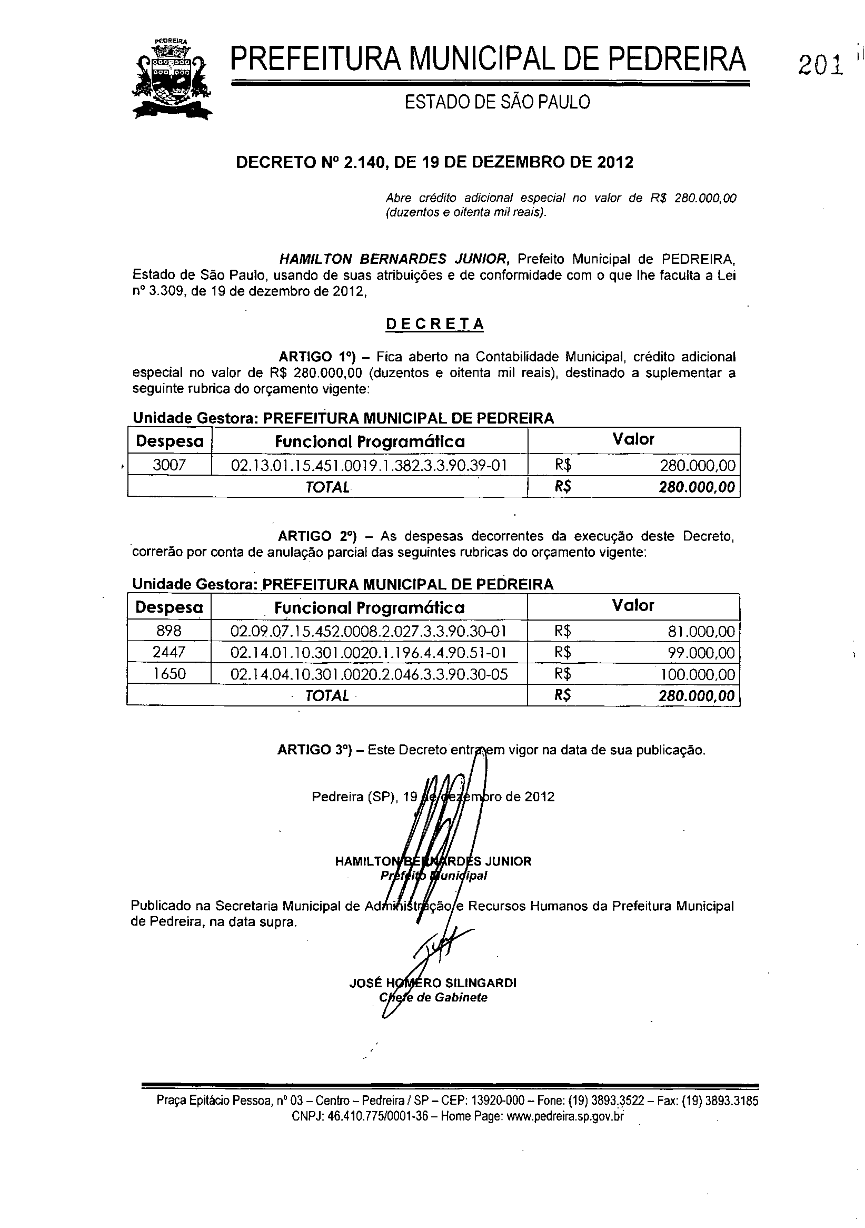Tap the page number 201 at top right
(821, 66)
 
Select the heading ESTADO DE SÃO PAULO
(497, 102)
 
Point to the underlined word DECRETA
(435, 325)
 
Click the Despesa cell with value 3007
(169, 465)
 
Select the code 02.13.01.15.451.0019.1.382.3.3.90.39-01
(369, 465)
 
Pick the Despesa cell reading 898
(169, 631)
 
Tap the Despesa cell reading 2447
(169, 653)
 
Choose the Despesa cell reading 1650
(169, 674)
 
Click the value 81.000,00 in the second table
(701, 632)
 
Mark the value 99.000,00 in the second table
(701, 653)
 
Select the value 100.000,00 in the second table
(698, 674)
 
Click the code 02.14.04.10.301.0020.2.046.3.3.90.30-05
(369, 674)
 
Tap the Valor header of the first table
(633, 440)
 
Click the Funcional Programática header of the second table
(370, 608)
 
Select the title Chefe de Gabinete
(433, 997)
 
